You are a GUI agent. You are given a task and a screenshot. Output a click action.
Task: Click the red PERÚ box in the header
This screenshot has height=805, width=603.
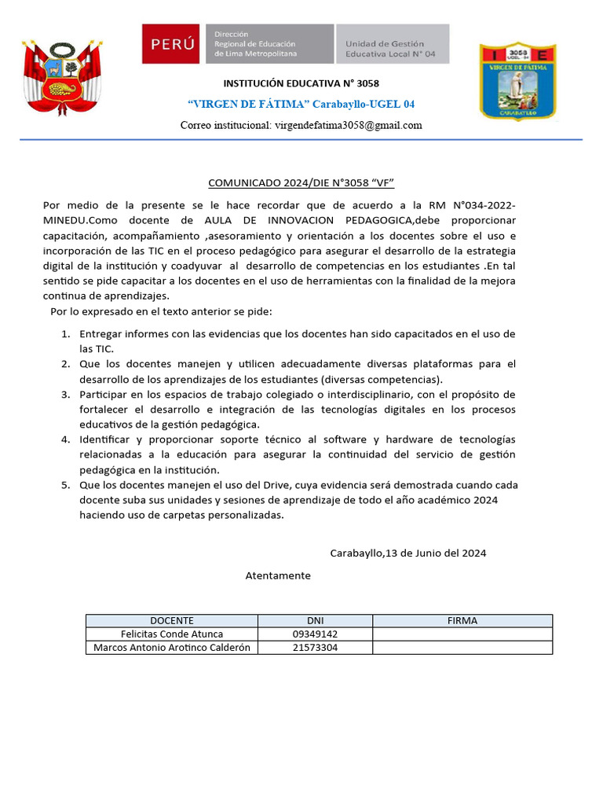[173, 44]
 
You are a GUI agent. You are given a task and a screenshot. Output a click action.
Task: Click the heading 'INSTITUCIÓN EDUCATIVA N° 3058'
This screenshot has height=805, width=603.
[301, 83]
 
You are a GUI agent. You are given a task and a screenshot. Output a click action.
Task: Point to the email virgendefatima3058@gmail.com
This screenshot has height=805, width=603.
[301, 125]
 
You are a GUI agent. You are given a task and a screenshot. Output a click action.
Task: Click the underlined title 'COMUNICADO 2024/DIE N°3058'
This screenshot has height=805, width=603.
[301, 183]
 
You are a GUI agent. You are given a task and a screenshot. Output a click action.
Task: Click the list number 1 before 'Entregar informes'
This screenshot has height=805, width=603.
[66, 334]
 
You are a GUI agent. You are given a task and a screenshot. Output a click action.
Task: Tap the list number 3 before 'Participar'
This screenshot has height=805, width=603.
[66, 394]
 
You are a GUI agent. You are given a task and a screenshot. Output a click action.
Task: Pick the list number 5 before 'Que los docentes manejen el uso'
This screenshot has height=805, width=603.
[66, 485]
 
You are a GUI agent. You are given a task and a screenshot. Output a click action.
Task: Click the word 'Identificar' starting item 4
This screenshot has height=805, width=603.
[104, 439]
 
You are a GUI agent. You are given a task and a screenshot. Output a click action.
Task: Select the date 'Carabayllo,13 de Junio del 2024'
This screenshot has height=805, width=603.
[407, 553]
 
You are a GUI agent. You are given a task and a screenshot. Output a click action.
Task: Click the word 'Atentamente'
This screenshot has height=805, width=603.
[278, 575]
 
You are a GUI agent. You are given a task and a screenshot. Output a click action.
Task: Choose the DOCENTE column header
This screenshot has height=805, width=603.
[172, 620]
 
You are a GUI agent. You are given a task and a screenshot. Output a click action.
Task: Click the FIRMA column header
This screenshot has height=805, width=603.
[462, 620]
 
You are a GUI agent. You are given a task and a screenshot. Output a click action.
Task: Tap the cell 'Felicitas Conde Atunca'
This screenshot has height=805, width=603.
[172, 634]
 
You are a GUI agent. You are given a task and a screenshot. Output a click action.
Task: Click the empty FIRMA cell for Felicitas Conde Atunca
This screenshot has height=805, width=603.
[462, 634]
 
